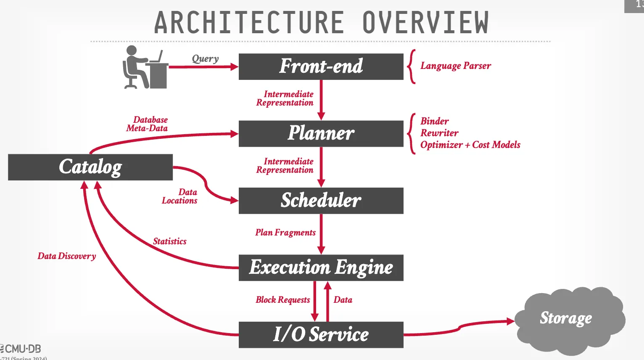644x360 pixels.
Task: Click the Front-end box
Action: click(x=321, y=66)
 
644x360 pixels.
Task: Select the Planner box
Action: click(x=321, y=134)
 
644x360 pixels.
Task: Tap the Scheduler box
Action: click(x=321, y=201)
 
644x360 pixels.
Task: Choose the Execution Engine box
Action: click(x=321, y=268)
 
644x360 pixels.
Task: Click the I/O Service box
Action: click(x=321, y=335)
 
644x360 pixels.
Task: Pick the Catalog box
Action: click(x=90, y=167)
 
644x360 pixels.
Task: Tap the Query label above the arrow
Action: click(x=205, y=58)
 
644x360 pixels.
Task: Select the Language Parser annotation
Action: click(x=456, y=66)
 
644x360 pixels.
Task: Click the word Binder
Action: click(x=435, y=121)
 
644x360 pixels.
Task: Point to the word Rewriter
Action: click(x=439, y=133)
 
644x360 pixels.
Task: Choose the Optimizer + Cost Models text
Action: click(x=470, y=145)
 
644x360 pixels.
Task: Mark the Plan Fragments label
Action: click(x=285, y=233)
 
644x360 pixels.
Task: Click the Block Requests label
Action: click(x=282, y=300)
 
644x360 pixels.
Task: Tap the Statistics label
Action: click(x=169, y=241)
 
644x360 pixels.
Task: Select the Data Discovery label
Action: click(x=67, y=256)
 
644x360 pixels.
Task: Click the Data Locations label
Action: click(x=180, y=196)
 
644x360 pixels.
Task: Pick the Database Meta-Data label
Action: click(x=148, y=124)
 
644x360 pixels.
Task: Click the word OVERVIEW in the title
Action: click(x=425, y=23)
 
